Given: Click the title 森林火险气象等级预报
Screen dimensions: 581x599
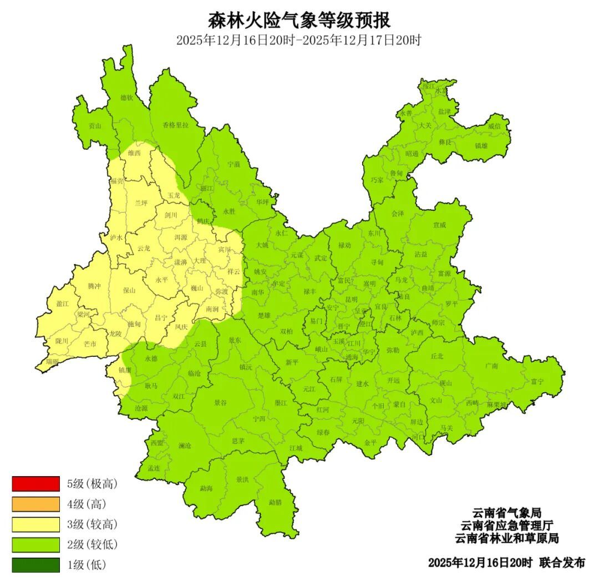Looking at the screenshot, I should click(x=299, y=21).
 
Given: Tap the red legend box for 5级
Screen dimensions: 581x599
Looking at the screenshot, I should click(x=35, y=484).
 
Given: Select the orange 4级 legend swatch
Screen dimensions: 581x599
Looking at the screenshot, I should click(x=35, y=504).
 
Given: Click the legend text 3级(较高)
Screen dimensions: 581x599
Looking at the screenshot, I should click(x=93, y=524).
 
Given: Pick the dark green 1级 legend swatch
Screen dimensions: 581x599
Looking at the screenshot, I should click(x=35, y=565).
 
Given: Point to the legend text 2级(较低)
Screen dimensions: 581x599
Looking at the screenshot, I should click(x=93, y=545).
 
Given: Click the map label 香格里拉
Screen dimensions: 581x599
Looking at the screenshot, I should click(x=176, y=125).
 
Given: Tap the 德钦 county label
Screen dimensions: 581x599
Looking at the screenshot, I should click(x=127, y=98).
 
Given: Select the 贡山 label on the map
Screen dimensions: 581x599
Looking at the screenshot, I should click(x=95, y=126).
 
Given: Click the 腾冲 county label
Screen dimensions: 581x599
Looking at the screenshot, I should click(x=94, y=286).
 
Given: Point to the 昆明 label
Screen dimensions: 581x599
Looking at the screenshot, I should click(x=351, y=299).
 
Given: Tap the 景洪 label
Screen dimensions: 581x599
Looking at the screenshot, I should click(x=242, y=479).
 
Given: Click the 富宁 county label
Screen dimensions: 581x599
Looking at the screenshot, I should click(x=537, y=381).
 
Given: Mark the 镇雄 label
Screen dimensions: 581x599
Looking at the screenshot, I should click(x=481, y=146).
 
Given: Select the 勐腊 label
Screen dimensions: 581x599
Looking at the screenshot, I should click(x=275, y=502).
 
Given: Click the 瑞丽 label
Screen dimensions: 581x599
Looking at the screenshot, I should click(x=52, y=361).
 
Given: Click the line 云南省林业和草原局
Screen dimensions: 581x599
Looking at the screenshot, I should click(x=506, y=538).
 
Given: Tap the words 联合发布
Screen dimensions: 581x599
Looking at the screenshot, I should click(x=562, y=563).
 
